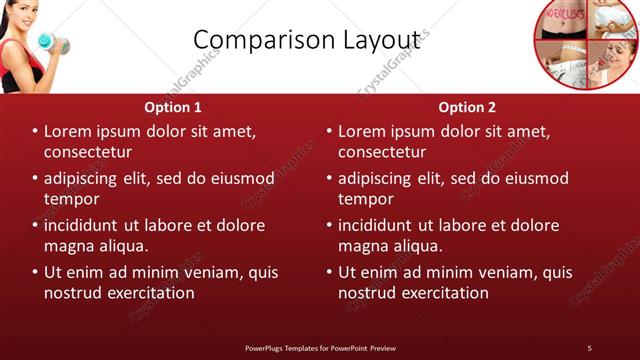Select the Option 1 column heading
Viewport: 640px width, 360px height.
pyautogui.click(x=173, y=107)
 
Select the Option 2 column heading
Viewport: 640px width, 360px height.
pyautogui.click(x=467, y=107)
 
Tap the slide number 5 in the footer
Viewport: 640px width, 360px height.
pyautogui.click(x=589, y=347)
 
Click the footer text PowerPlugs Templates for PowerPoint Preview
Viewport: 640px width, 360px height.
pyautogui.click(x=320, y=347)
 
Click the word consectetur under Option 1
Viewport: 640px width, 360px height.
pyautogui.click(x=88, y=151)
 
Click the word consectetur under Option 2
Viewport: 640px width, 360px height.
pyautogui.click(x=382, y=151)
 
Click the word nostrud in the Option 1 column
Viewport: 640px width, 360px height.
pyautogui.click(x=75, y=293)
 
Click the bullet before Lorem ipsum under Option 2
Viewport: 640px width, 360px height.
pyautogui.click(x=330, y=132)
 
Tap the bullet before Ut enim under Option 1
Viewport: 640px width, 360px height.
pyautogui.click(x=36, y=272)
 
